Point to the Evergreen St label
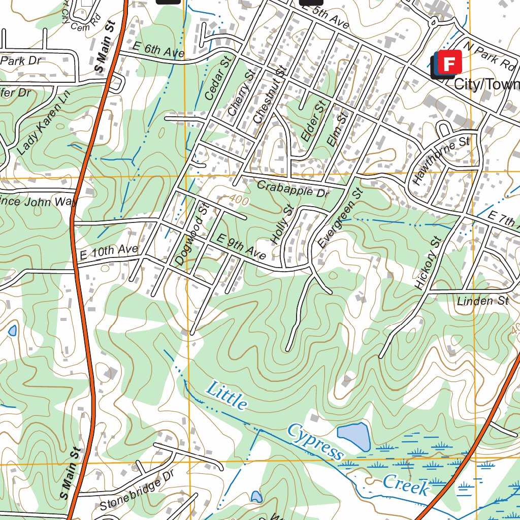click(341, 218)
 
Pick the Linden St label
click(482, 301)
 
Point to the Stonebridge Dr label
click(137, 490)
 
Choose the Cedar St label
click(218, 78)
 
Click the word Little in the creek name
click(226, 395)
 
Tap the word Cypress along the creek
click(315, 440)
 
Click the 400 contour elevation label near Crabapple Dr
click(238, 201)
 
